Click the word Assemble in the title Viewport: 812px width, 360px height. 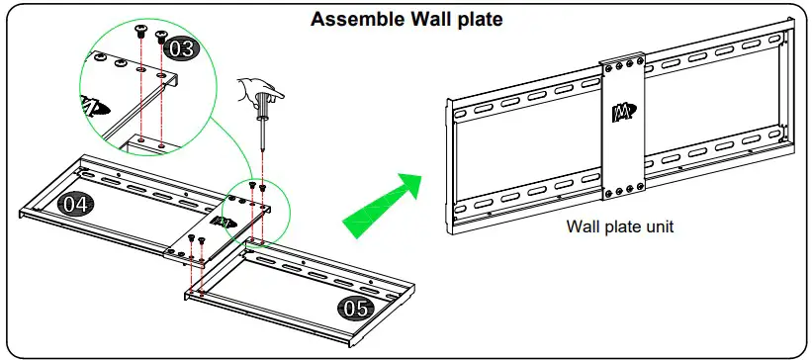350,20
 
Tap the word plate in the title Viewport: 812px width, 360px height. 476,20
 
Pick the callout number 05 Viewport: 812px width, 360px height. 354,307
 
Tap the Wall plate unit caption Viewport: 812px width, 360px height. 619,225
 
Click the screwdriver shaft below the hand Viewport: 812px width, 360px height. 262,138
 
